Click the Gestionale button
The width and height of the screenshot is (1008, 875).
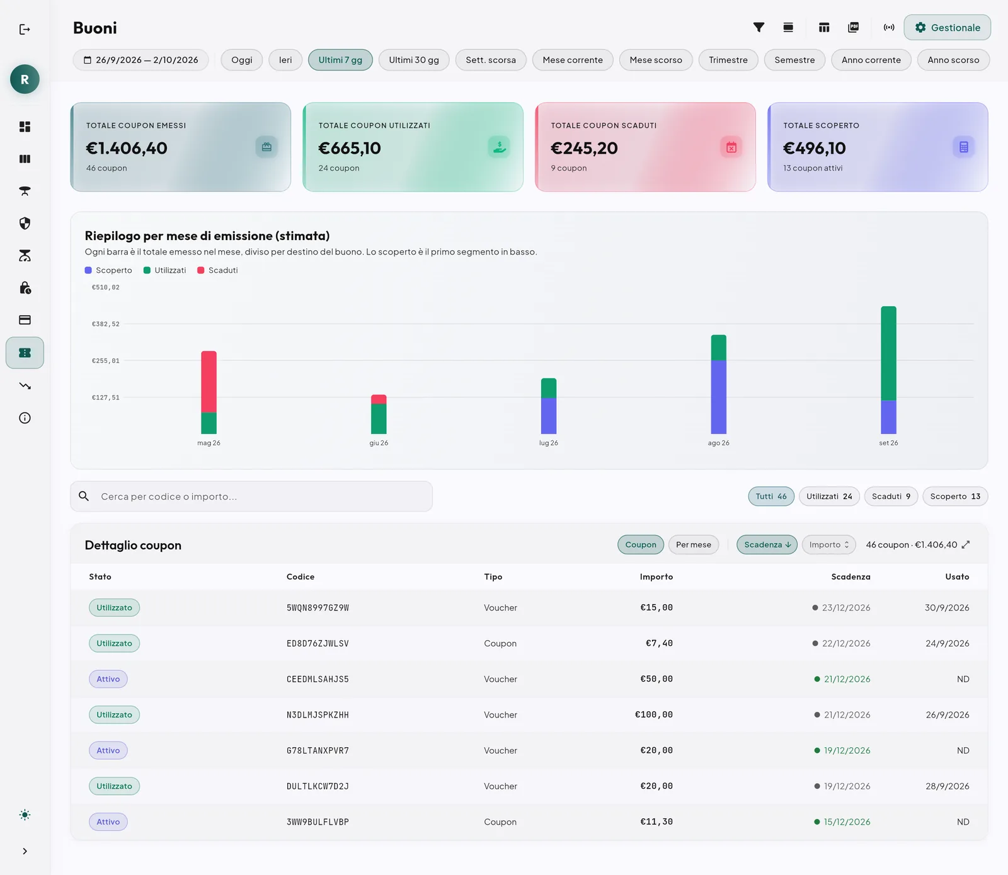(947, 28)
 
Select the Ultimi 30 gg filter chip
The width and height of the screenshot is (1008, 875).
(414, 60)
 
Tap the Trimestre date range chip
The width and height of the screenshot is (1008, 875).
(728, 60)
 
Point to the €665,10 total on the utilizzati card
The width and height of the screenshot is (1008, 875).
(350, 148)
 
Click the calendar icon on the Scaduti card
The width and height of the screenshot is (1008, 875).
(731, 147)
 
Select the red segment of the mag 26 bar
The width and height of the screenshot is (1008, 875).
(209, 382)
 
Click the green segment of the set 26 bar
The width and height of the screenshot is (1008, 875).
(888, 353)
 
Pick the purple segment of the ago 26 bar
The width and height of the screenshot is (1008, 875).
(718, 397)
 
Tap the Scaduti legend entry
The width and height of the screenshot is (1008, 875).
(217, 270)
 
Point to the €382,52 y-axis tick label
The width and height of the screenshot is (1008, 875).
(105, 324)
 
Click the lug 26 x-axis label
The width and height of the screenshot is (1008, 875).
(549, 443)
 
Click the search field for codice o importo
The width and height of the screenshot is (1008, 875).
(251, 496)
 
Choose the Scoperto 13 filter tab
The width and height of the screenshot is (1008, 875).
(955, 496)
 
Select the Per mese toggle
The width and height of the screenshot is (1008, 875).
(694, 545)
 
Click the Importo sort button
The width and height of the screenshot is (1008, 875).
(829, 545)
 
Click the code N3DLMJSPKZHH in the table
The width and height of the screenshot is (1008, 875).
(318, 715)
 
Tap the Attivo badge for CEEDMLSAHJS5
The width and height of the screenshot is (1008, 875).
(108, 679)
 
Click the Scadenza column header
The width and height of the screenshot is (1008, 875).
(850, 577)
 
